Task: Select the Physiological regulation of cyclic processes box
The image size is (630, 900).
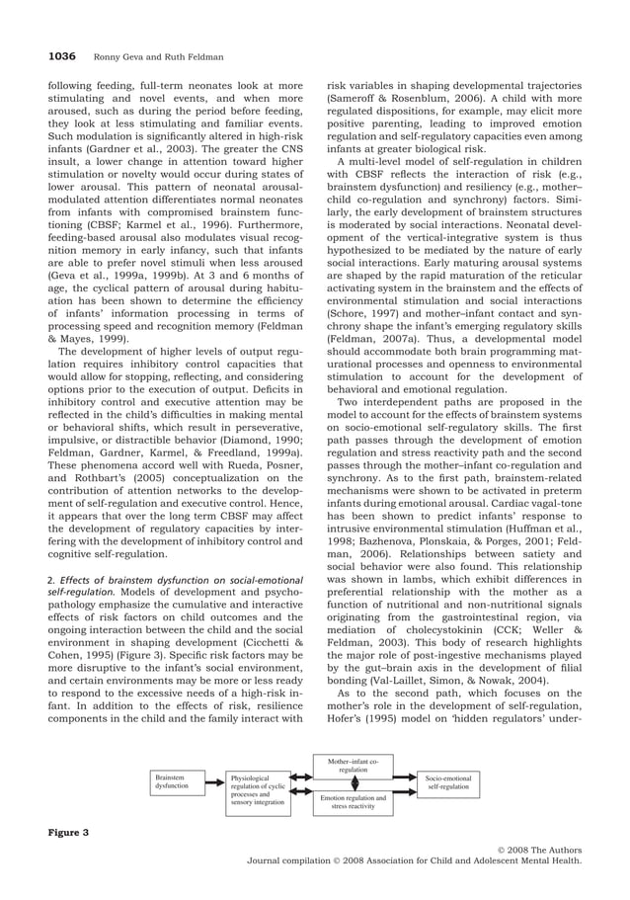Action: pyautogui.click(x=258, y=794)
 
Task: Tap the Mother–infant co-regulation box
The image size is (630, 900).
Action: pyautogui.click(x=353, y=765)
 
